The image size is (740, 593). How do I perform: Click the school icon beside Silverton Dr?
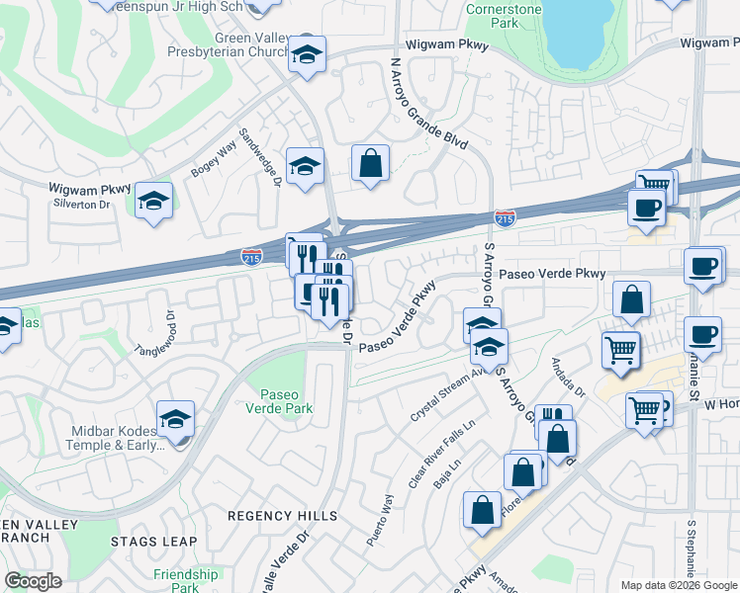(153, 201)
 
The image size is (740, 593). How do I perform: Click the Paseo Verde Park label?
(278, 399)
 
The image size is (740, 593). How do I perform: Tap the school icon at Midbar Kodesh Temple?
(175, 419)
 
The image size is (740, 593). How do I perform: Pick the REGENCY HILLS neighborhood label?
(275, 515)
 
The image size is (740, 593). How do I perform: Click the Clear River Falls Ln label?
(442, 452)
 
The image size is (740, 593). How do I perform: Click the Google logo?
(33, 581)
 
